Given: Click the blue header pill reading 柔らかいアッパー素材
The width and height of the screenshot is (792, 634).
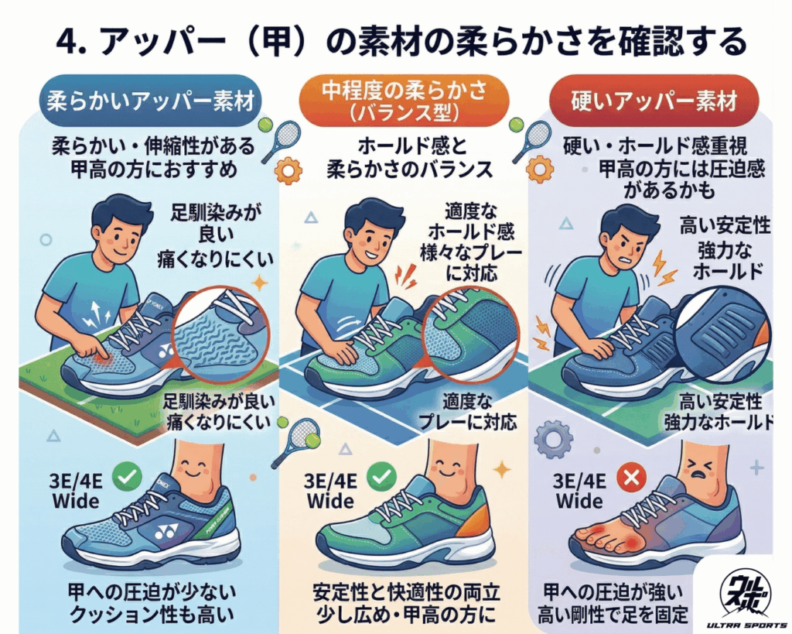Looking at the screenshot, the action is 150,101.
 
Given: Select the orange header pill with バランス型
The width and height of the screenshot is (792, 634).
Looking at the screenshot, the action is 404,101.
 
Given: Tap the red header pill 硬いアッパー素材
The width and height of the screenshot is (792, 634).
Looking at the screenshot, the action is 654,101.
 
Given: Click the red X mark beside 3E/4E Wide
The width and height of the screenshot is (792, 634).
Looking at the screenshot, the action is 631,478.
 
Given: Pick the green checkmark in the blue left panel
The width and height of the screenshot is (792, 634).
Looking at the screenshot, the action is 127,476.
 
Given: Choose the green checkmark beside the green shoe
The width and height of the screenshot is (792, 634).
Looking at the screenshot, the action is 381,476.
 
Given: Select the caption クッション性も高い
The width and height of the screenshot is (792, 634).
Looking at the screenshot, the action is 151,615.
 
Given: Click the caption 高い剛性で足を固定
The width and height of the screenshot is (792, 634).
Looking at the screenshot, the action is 613,615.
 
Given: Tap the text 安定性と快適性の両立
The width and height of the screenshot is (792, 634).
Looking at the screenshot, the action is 406,591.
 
